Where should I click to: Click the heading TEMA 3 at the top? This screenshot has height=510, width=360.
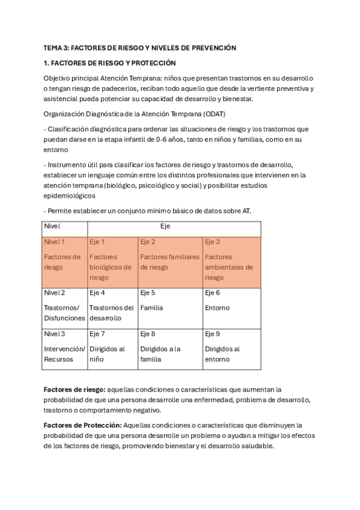pos(139,48)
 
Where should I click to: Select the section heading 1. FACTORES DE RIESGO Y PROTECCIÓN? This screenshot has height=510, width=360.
pos(109,63)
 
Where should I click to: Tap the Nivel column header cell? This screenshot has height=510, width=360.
pos(64,229)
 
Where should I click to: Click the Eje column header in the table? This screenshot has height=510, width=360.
pos(174,229)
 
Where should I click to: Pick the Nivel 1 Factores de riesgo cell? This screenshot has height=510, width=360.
pos(64,262)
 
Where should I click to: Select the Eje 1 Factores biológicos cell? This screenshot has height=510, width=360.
pos(112,262)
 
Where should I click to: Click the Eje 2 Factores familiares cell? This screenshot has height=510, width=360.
pos(170,262)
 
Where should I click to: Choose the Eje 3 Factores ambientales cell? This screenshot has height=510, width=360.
pos(231,262)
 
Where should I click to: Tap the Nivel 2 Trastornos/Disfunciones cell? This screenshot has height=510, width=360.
pos(64,307)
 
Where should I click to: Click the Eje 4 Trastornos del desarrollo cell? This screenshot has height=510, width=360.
pos(112,307)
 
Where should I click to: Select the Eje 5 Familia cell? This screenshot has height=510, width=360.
pos(170,307)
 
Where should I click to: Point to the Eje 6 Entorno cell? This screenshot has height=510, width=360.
pos(231,307)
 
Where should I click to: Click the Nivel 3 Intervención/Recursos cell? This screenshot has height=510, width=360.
pos(64,348)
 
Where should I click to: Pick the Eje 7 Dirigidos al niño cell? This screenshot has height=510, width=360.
pos(112,348)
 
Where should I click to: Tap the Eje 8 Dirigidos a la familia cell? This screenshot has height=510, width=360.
pos(170,348)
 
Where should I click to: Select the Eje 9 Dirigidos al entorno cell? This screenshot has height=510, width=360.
pos(231,348)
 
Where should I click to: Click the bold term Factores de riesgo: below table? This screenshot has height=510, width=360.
pos(75,389)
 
